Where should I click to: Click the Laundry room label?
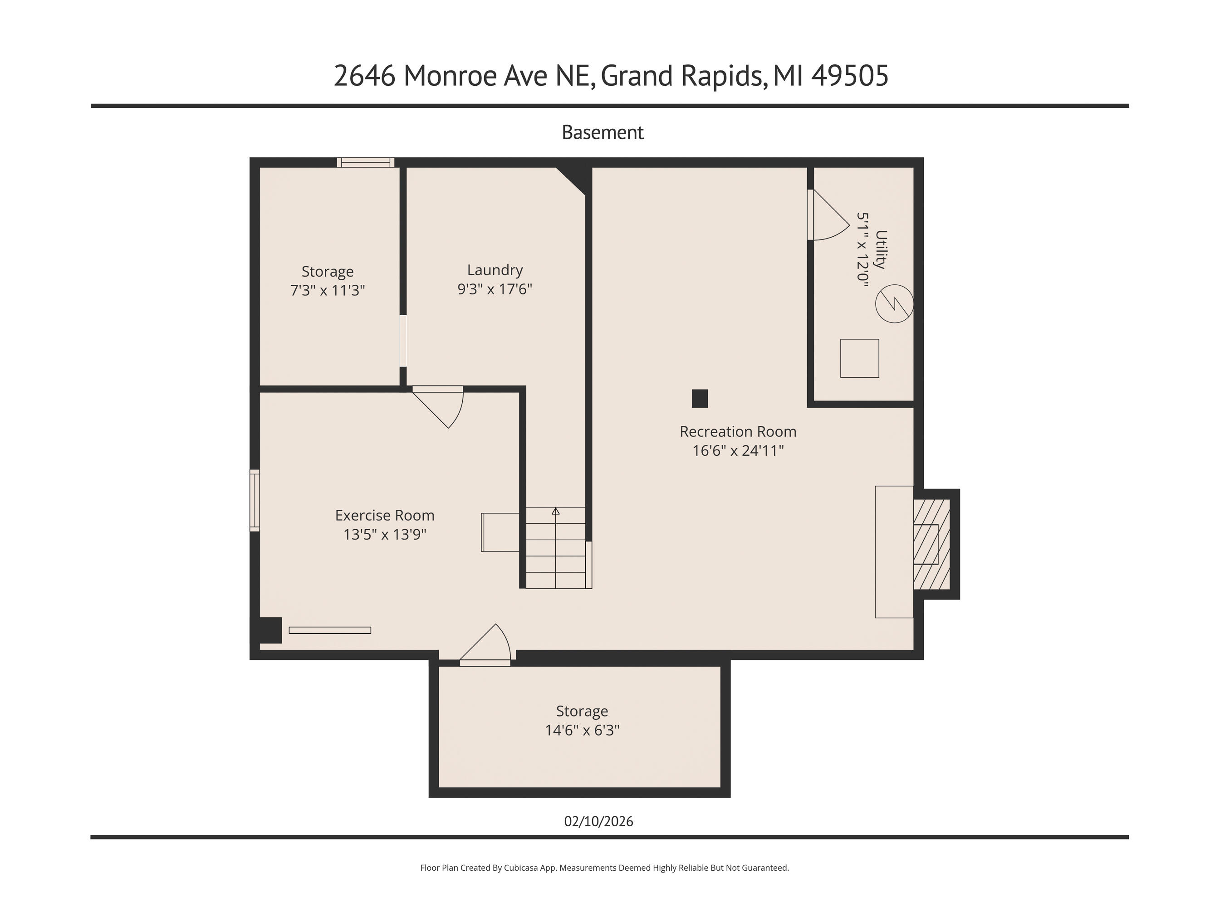495,270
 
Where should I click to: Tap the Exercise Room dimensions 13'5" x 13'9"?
385,534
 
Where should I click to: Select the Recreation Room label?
738,431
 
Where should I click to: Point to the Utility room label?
881,249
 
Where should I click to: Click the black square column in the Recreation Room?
700,399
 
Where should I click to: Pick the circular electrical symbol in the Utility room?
894,304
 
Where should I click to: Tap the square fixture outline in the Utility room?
859,358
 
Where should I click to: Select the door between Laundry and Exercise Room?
438,407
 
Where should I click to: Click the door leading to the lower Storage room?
485,645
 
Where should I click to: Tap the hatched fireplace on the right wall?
931,544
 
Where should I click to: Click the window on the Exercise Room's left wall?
255,500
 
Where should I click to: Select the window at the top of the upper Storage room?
365,162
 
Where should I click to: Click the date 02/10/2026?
598,821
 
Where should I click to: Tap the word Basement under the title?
603,132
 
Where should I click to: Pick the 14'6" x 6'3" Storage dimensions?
582,730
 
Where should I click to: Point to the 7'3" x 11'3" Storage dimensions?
327,290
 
